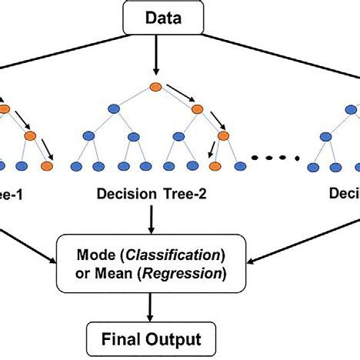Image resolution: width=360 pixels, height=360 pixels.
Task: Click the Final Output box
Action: [x=155, y=338]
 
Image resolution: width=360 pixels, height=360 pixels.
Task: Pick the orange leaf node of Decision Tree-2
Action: [x=214, y=166]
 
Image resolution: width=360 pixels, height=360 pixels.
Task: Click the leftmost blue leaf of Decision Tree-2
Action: [x=76, y=166]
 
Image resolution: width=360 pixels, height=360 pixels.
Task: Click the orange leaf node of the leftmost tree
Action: [x=48, y=166]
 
